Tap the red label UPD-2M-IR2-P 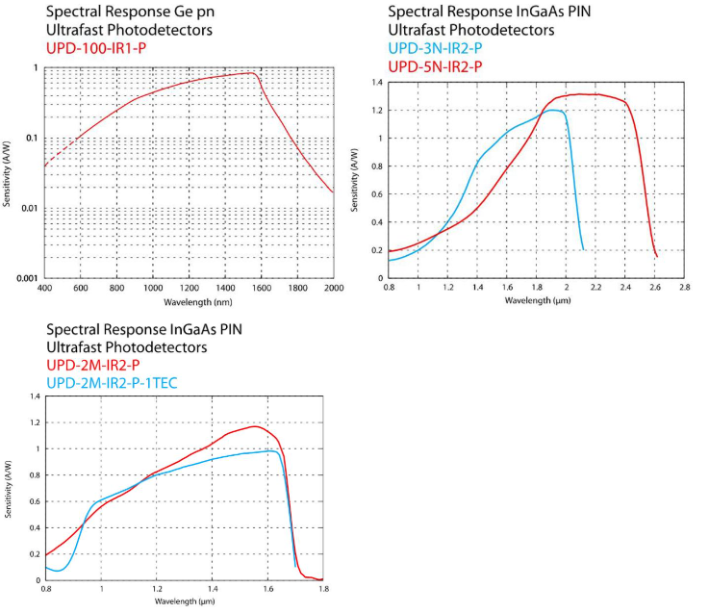[x=93, y=364]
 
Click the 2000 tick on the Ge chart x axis [x=333, y=288]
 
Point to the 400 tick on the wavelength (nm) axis [x=44, y=288]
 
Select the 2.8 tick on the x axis [x=686, y=287]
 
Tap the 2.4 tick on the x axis [x=626, y=287]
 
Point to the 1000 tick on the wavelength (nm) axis [x=152, y=288]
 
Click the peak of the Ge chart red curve [x=251, y=72]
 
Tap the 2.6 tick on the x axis [x=656, y=287]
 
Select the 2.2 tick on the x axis [x=596, y=287]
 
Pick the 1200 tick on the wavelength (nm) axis [x=189, y=288]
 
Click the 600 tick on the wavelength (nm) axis [x=81, y=288]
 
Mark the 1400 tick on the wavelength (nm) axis [x=224, y=288]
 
